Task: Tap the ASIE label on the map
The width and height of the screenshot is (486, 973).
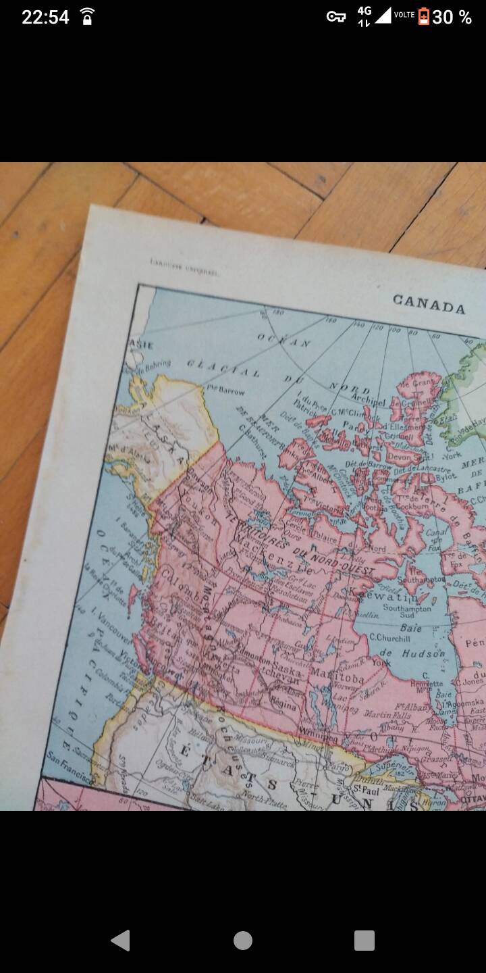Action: (142, 344)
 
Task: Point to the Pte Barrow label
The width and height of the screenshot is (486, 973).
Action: (225, 390)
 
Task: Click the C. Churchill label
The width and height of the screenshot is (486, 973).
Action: (389, 637)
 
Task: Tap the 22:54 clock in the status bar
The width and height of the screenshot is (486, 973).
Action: (45, 17)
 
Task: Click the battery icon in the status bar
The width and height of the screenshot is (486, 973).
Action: (423, 16)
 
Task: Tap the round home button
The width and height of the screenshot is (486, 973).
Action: (243, 940)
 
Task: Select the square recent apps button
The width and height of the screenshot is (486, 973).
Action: (364, 940)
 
